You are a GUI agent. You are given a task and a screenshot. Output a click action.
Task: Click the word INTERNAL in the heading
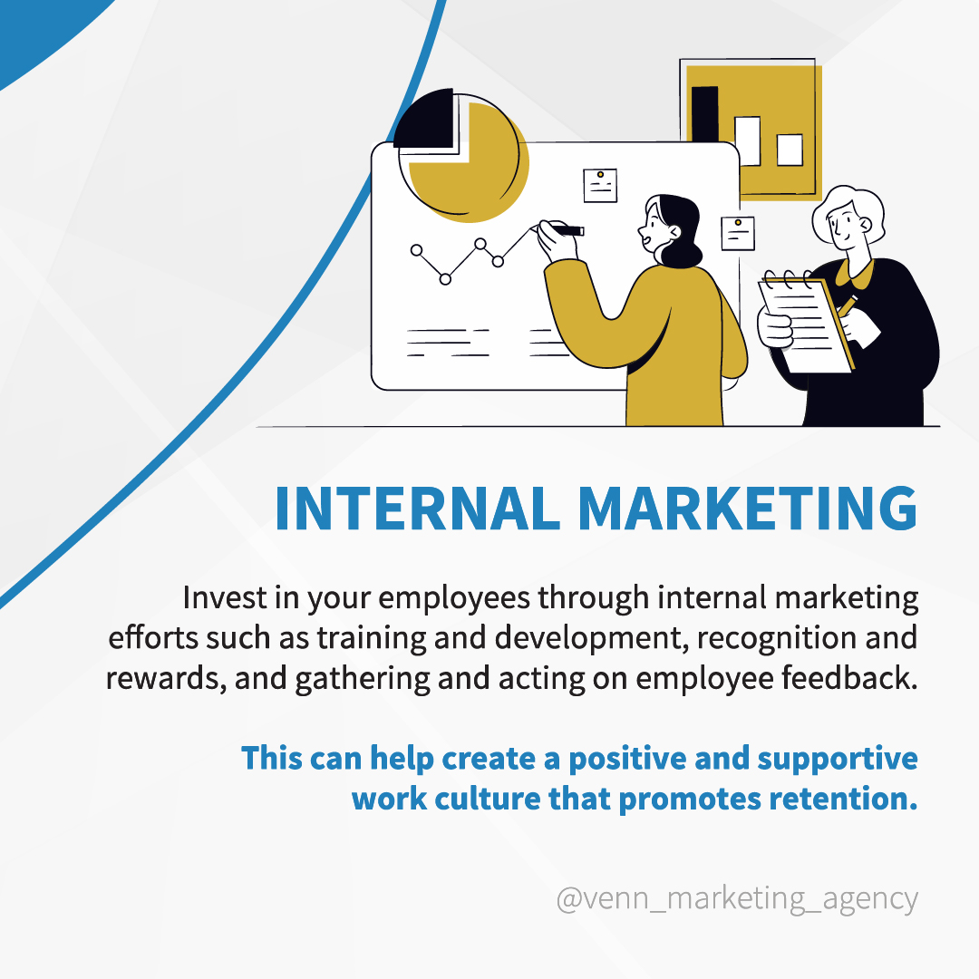tap(417, 509)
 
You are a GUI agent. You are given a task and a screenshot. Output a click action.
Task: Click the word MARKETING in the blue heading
tap(748, 509)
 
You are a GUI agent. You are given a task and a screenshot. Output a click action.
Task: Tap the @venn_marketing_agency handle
tap(737, 899)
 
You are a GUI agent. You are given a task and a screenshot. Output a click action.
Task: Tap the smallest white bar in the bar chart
tap(790, 150)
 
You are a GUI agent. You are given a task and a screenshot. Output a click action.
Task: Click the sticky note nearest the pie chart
tap(600, 186)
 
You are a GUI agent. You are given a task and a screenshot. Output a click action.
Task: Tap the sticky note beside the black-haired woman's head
tap(737, 234)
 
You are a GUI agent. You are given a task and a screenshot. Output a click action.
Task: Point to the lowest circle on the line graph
tap(445, 279)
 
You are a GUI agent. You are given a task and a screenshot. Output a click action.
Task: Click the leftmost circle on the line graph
tap(416, 250)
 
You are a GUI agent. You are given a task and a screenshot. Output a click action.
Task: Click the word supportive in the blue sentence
tap(838, 760)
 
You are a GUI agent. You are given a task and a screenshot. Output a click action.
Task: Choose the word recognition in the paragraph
tap(777, 638)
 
